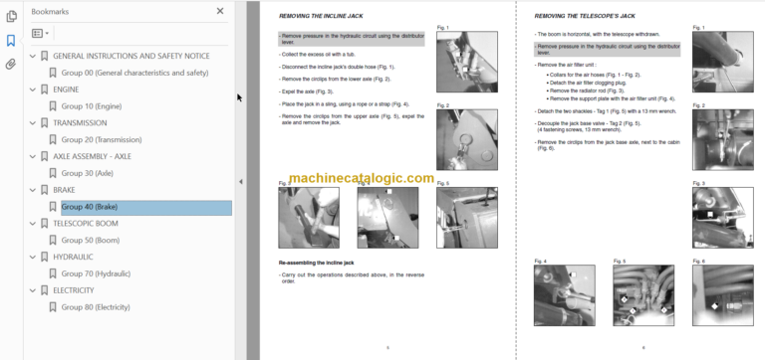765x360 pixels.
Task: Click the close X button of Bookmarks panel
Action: (x=220, y=11)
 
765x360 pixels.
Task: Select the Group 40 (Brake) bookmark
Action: (x=90, y=207)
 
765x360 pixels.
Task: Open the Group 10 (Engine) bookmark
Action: (x=92, y=105)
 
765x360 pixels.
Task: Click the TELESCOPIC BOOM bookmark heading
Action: (x=86, y=224)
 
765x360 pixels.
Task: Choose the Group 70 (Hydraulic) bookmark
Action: (x=96, y=273)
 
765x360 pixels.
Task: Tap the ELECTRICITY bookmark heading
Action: (x=74, y=290)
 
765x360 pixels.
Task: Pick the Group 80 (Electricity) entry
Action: (x=96, y=307)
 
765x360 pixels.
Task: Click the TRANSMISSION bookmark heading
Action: (x=81, y=122)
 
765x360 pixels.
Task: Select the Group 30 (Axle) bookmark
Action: (x=88, y=173)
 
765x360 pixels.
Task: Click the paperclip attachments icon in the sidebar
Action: (x=10, y=64)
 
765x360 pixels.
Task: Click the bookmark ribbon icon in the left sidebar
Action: (x=10, y=41)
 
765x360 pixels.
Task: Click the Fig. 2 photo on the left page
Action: (x=466, y=140)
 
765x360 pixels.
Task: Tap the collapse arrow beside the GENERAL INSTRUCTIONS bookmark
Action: (x=31, y=56)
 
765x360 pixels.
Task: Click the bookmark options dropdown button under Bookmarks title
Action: (x=41, y=33)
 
